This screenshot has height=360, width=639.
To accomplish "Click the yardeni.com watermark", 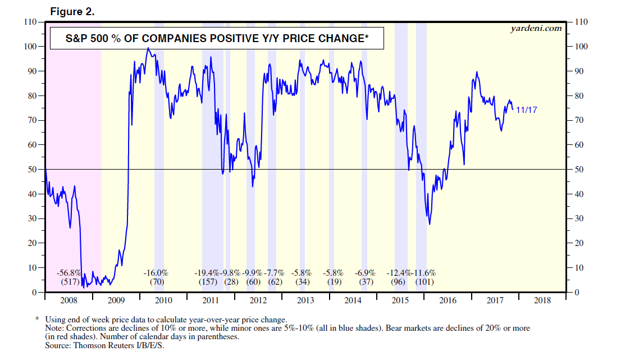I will [x=536, y=28].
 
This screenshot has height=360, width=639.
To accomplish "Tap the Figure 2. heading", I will [x=72, y=11].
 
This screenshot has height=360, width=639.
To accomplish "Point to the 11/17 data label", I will [x=526, y=110].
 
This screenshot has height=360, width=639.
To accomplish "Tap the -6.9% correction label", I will [x=366, y=272].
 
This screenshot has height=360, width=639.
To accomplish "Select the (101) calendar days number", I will [x=425, y=282].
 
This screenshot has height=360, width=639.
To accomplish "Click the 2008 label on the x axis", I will [x=67, y=300].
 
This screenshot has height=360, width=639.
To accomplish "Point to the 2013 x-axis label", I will [x=305, y=300].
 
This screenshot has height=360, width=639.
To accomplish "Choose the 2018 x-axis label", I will [x=542, y=300].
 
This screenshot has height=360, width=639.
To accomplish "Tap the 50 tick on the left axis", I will [x=32, y=170].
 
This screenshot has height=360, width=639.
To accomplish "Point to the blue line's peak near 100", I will [x=148, y=48].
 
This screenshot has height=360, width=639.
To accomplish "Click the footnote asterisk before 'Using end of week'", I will [x=38, y=318].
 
